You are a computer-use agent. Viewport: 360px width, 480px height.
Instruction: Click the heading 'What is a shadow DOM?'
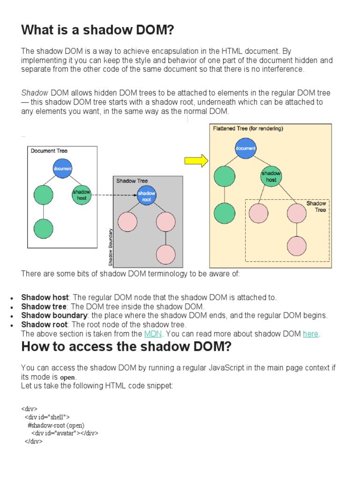(97, 30)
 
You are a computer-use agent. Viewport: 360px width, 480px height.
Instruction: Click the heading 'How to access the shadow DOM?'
(126, 347)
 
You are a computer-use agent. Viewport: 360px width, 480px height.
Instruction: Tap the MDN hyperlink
(152, 334)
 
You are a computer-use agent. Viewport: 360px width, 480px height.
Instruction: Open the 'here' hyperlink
(310, 334)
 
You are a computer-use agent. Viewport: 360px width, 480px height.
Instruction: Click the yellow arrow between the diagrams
(196, 161)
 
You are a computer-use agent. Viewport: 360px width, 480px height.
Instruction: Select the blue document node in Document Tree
(62, 168)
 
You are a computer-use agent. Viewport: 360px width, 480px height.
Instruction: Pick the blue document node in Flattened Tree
(246, 148)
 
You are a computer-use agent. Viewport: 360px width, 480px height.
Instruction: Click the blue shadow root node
(146, 195)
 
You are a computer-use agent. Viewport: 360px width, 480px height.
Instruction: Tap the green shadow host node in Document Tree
(82, 195)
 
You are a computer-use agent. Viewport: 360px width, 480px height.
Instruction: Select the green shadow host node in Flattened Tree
(271, 176)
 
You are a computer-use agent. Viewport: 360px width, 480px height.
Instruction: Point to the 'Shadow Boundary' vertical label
(111, 247)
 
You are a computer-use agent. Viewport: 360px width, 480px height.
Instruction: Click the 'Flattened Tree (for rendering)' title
(248, 128)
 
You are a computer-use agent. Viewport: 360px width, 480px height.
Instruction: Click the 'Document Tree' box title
(49, 151)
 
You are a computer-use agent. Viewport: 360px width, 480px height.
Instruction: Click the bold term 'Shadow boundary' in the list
(54, 315)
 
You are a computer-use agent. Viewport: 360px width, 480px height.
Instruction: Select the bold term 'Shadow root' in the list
(45, 324)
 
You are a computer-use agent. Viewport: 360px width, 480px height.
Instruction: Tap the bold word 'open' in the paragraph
(68, 377)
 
